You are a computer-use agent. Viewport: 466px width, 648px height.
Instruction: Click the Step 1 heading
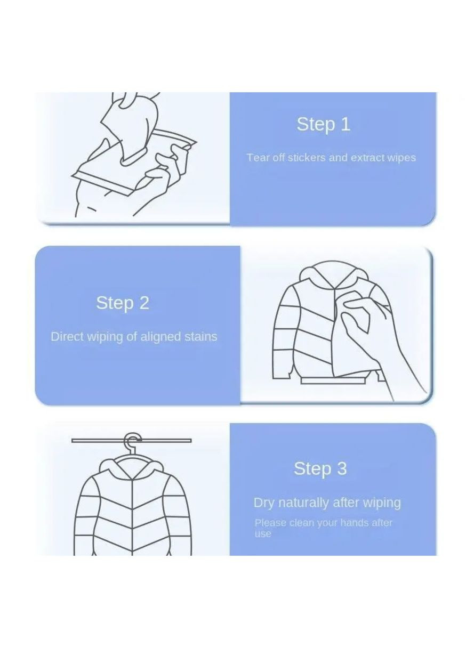click(323, 124)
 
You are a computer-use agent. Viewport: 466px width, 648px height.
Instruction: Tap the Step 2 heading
click(123, 303)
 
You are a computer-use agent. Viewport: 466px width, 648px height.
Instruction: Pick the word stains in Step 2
click(201, 337)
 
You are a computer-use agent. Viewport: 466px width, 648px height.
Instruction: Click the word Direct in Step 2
click(67, 337)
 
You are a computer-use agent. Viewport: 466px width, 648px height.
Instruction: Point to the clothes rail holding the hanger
click(131, 441)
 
